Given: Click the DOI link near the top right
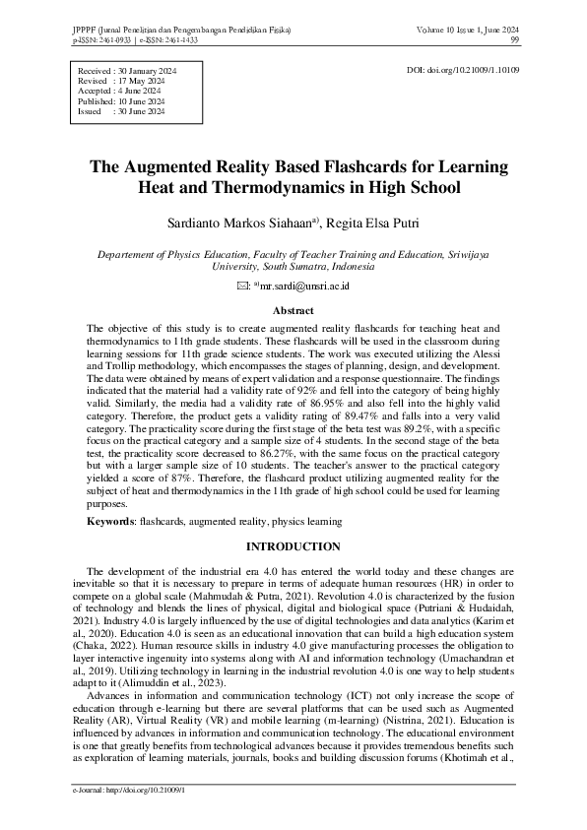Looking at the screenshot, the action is [x=463, y=71].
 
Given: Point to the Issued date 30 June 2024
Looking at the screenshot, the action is [x=141, y=111].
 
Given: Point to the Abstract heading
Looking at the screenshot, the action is [x=293, y=309].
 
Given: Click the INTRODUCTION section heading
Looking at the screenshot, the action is [x=293, y=545].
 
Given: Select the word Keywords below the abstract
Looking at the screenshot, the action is [x=111, y=520].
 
